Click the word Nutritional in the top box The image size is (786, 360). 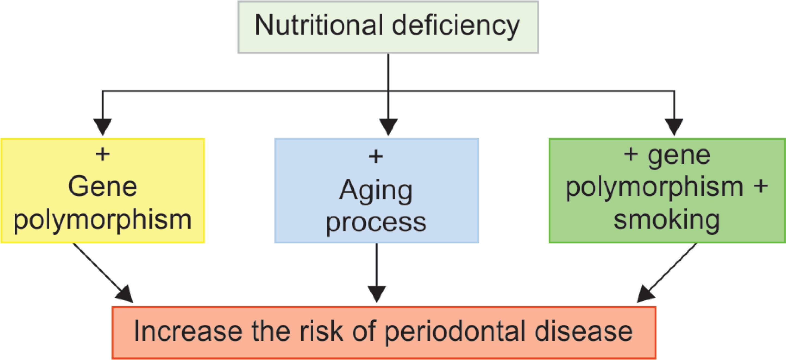(319, 25)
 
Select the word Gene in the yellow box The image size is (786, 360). (103, 187)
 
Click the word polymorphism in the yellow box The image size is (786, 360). (103, 221)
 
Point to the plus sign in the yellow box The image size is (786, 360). (103, 154)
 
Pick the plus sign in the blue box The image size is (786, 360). (376, 157)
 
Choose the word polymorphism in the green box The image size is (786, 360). (655, 188)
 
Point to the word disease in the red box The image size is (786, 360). (583, 331)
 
